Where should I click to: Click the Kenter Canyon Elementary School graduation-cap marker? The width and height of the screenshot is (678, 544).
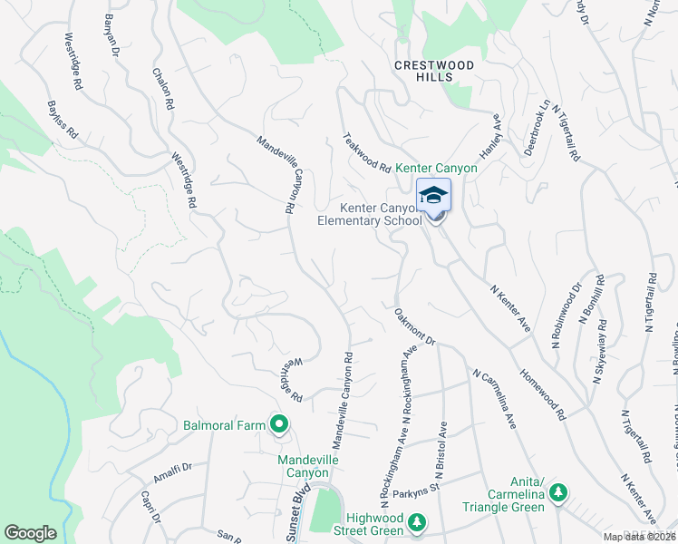pyautogui.click(x=434, y=197)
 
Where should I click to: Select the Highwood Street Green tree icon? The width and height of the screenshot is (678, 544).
pyautogui.click(x=416, y=521)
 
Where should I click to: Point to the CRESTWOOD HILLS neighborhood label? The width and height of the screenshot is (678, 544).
pyautogui.click(x=434, y=72)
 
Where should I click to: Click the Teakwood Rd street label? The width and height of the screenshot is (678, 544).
pyautogui.click(x=366, y=153)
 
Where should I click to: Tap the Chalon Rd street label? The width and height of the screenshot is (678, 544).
pyautogui.click(x=163, y=89)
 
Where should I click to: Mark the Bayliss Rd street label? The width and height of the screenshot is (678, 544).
pyautogui.click(x=64, y=120)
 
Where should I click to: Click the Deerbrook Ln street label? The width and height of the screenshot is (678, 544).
pyautogui.click(x=538, y=128)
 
